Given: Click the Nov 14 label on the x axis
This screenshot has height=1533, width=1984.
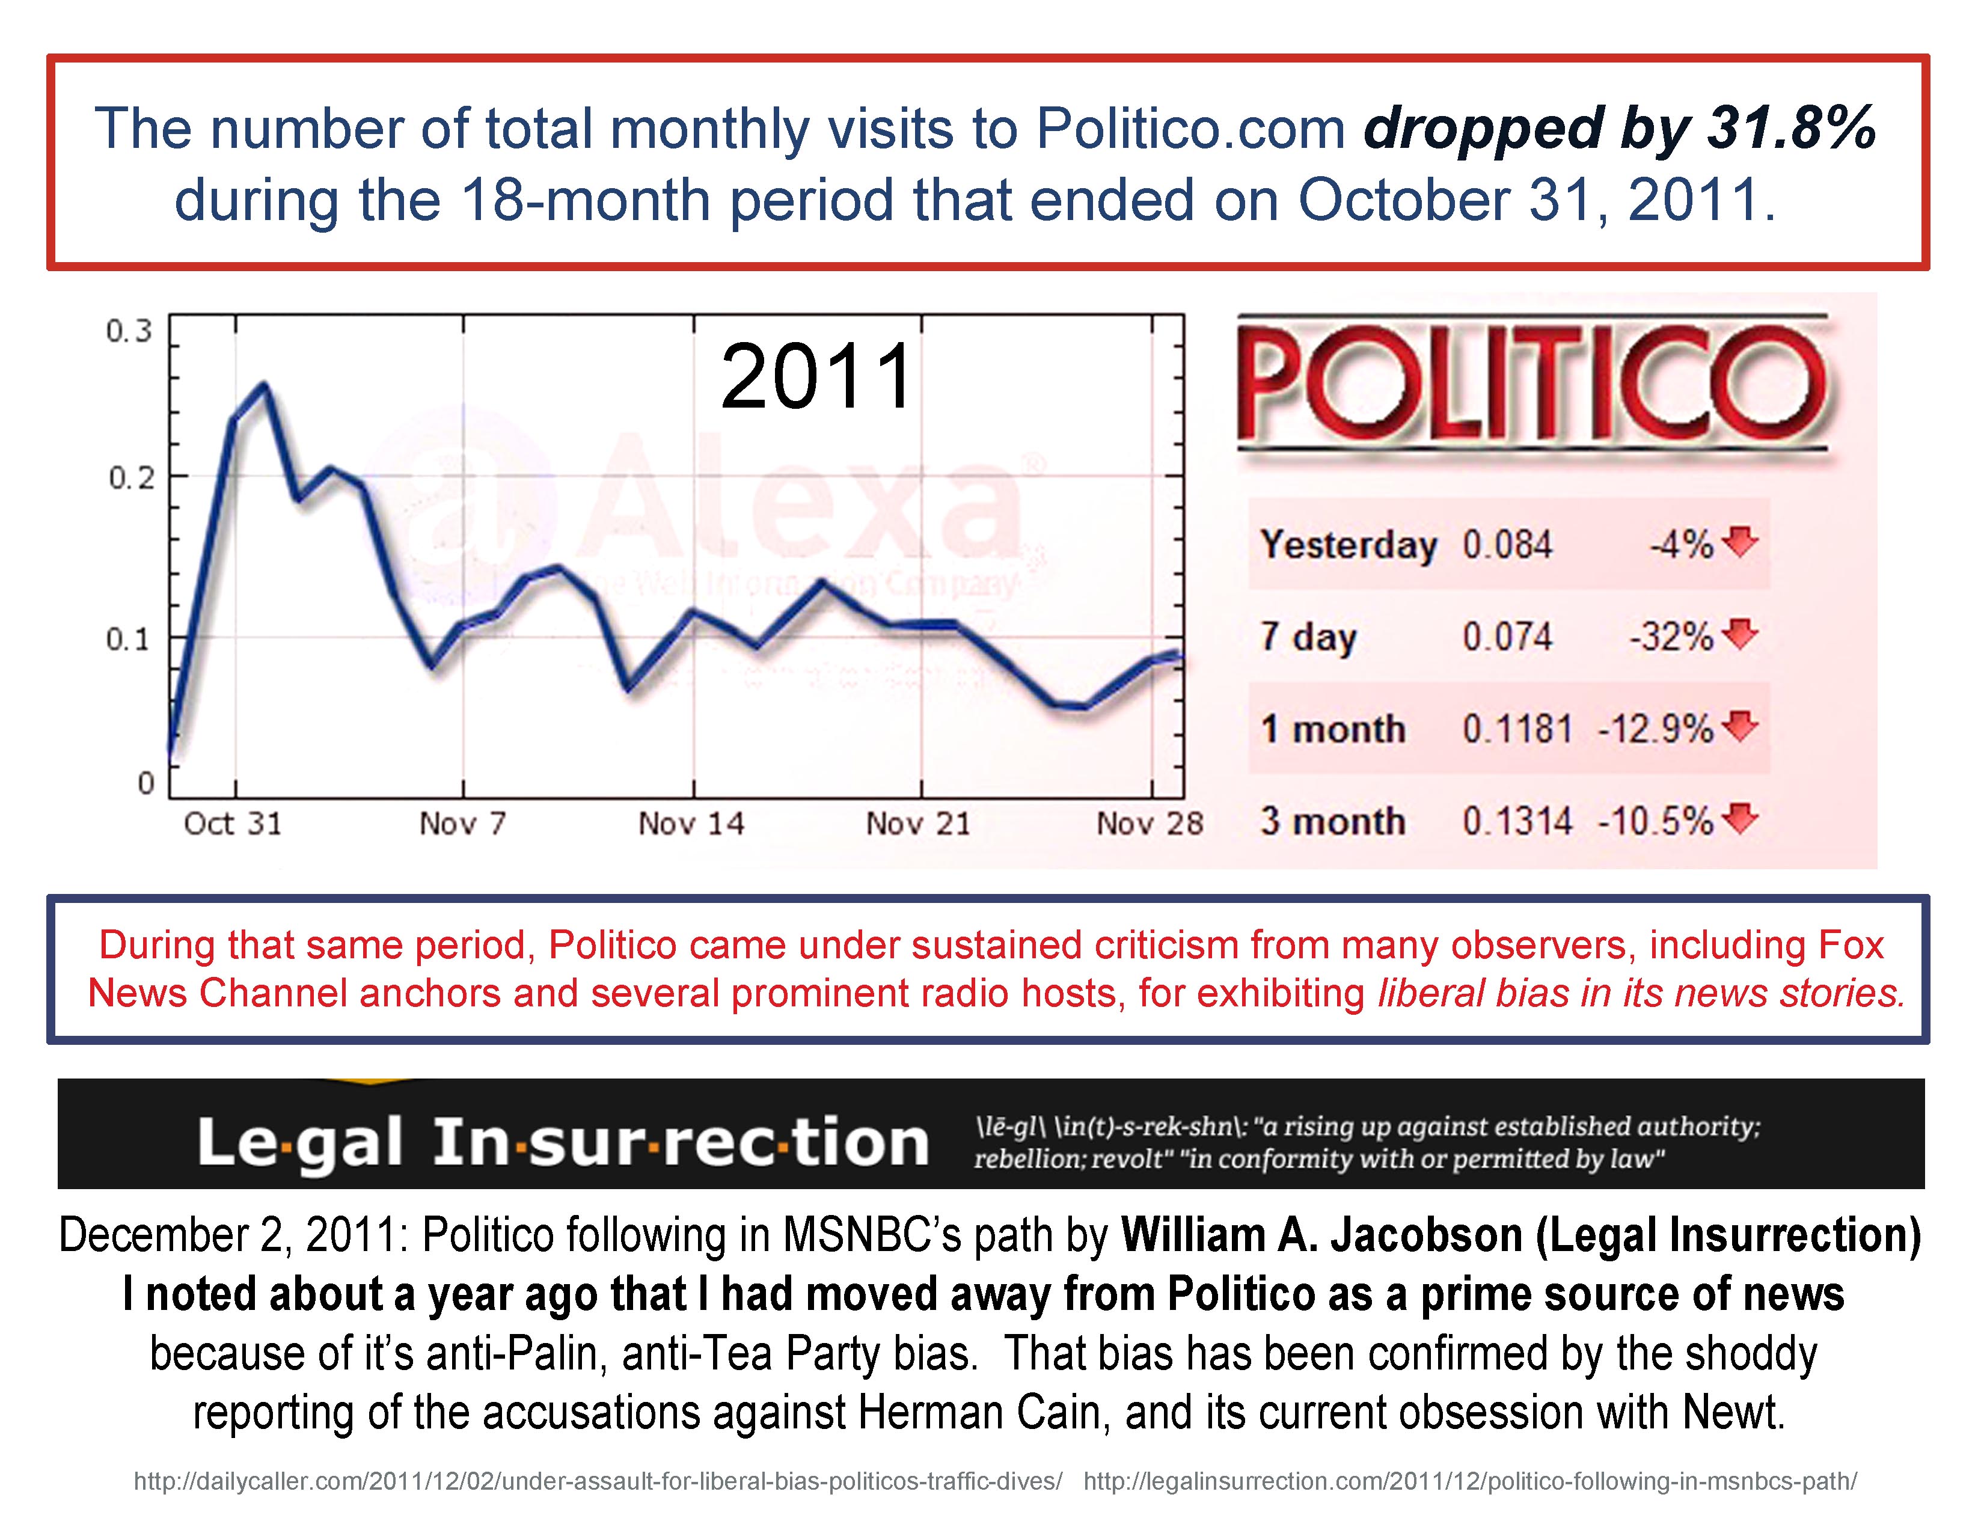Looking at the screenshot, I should pyautogui.click(x=691, y=824).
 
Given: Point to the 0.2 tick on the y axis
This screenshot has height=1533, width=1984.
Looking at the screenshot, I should pyautogui.click(x=132, y=477).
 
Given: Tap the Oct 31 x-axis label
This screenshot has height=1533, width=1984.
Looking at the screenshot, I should pyautogui.click(x=233, y=824).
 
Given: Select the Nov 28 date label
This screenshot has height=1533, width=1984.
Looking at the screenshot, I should pyautogui.click(x=1149, y=824).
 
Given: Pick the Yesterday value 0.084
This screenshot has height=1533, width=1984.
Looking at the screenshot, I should pyautogui.click(x=1507, y=545).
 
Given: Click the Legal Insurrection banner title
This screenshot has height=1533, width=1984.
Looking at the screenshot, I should pyautogui.click(x=563, y=1142).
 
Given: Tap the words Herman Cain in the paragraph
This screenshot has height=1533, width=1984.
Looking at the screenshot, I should pyautogui.click(x=983, y=1412).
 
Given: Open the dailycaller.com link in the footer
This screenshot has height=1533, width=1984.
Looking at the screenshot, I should pyautogui.click(x=598, y=1482).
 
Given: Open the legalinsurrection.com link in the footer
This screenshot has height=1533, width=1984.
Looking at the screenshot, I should pyautogui.click(x=1470, y=1482).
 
